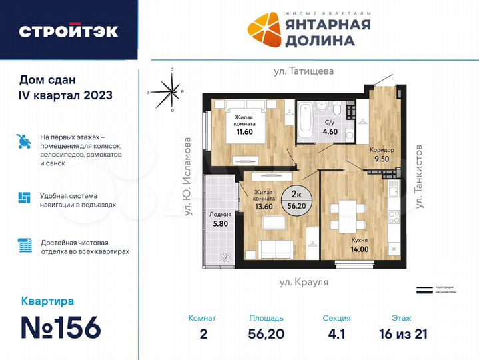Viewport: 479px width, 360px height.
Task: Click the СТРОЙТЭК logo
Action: click(x=68, y=31)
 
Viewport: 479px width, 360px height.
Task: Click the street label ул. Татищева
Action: click(x=303, y=70)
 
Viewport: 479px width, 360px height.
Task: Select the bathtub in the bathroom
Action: click(x=307, y=121)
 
